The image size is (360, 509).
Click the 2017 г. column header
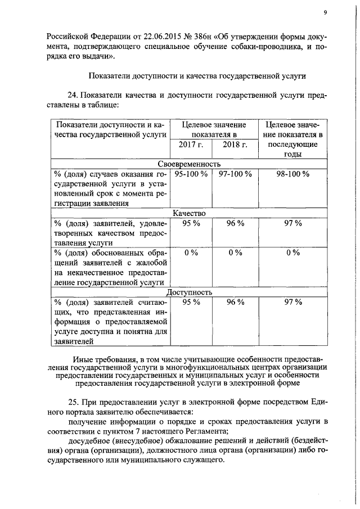190,145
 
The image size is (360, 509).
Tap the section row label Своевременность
188,164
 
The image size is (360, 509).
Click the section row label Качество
189,213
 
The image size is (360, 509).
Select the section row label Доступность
189,292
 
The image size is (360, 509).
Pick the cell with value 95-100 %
191,174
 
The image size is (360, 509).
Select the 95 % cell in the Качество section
191,223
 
